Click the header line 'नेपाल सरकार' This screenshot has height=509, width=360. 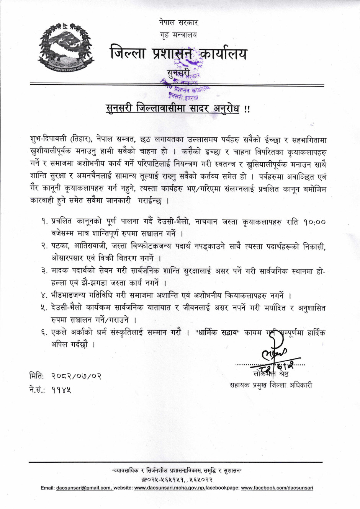tap(178, 23)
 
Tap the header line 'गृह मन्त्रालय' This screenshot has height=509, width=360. tap(178, 35)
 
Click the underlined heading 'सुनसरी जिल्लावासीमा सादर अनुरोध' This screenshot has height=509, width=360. tap(173, 109)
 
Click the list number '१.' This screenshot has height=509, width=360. tap(45, 222)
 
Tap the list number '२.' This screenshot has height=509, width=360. tap(45, 246)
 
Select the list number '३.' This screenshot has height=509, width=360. tap(45, 271)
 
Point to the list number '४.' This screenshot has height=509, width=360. tap(45, 295)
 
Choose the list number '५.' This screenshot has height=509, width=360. tap(45, 308)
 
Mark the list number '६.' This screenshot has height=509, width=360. tap(45, 333)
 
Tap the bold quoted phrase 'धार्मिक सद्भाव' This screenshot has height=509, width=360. tap(217, 333)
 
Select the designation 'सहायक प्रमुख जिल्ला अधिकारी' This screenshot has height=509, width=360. tap(271, 385)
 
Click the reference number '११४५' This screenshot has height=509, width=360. tap(61, 390)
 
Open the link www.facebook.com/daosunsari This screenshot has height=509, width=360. tap(277, 488)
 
